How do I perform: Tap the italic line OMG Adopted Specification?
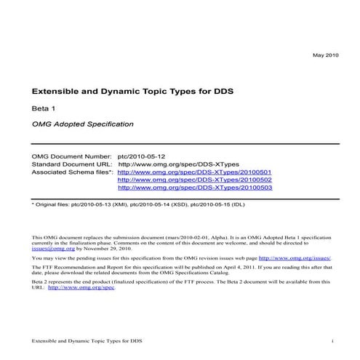tap(82, 124)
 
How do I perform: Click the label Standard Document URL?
tap(71, 164)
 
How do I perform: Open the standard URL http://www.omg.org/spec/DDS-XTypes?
tap(178, 164)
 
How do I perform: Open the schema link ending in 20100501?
tap(194, 172)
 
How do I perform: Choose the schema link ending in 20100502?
tap(194, 180)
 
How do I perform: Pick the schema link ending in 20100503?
tap(194, 188)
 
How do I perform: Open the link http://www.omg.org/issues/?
tap(295, 257)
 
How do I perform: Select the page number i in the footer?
tap(332, 340)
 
